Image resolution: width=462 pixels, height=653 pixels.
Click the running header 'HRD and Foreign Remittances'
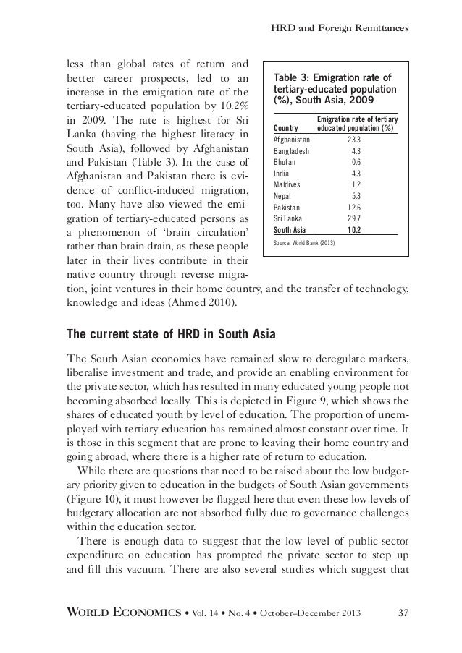point(340,28)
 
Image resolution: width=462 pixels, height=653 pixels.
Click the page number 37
point(403,614)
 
